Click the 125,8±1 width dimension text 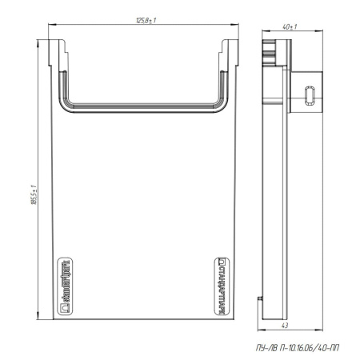tap(146, 19)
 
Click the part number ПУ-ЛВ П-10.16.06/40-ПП tap(298, 345)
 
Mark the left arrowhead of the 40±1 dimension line tap(263, 33)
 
